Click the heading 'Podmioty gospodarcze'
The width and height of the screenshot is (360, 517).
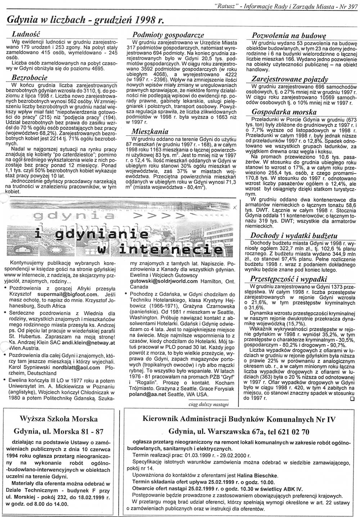point(168,35)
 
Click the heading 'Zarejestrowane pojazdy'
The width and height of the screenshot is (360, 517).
point(289,79)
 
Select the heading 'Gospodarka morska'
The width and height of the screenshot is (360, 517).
point(284,112)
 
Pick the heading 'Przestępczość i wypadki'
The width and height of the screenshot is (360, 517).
point(289,279)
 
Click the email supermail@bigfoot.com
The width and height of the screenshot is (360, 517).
point(69,294)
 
